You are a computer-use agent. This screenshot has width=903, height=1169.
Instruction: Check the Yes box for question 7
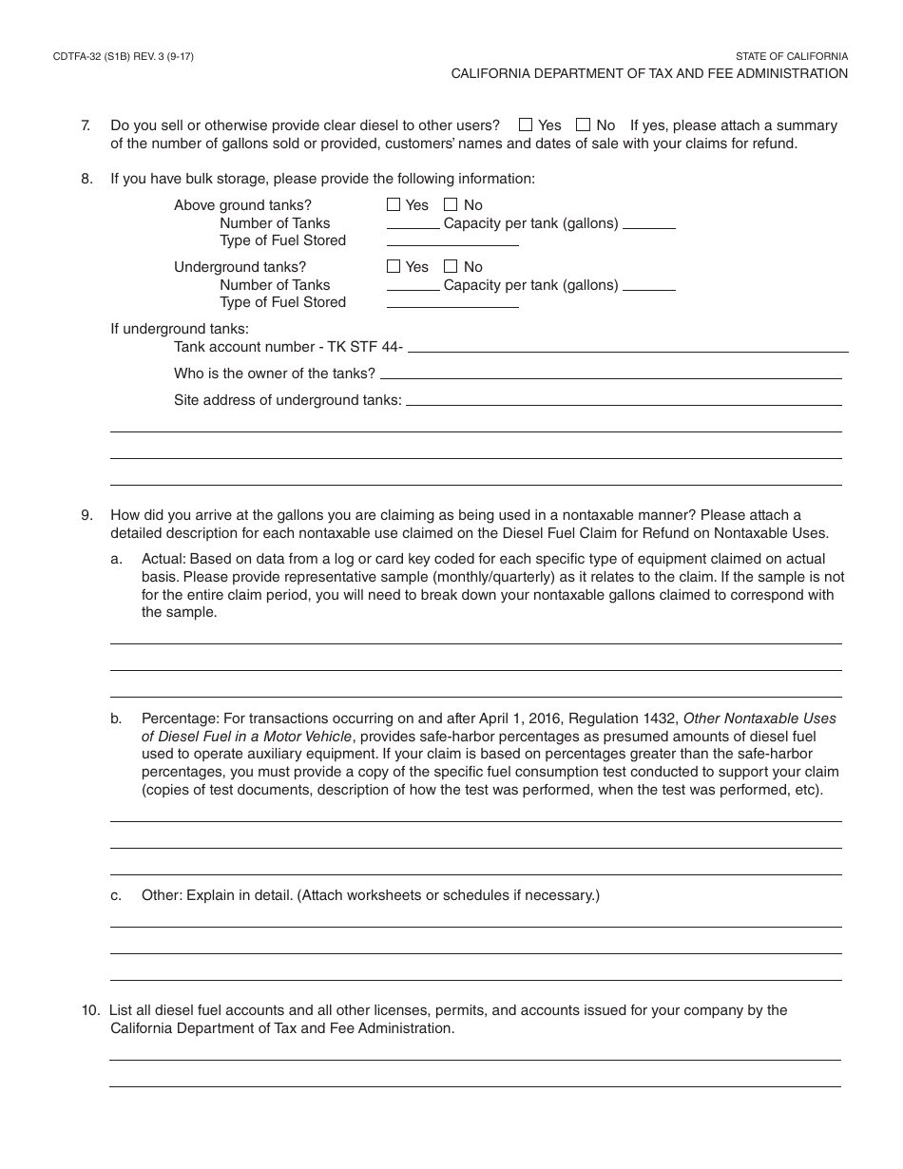526,125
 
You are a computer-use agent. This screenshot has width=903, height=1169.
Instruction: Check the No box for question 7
584,125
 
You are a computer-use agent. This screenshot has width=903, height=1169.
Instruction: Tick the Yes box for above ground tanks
394,204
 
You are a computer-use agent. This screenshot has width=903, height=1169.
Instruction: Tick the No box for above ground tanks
451,204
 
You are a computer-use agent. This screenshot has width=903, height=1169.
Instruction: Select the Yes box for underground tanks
394,266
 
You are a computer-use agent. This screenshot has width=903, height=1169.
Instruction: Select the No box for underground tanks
451,266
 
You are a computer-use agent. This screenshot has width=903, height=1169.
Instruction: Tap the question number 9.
86,515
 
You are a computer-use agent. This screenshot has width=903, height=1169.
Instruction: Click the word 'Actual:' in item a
163,559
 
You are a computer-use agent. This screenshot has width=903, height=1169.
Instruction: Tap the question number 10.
88,1010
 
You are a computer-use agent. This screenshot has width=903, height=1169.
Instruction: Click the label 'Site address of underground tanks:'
287,400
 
